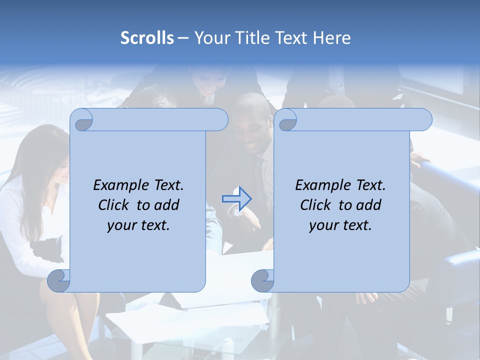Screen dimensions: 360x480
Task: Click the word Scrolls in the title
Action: point(147,38)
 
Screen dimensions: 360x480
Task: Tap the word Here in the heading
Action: point(332,38)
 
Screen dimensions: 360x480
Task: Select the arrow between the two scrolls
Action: point(236,199)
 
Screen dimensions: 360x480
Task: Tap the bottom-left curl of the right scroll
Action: point(262,280)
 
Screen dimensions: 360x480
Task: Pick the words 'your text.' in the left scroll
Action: point(138,225)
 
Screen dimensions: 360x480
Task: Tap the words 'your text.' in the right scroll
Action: point(340,225)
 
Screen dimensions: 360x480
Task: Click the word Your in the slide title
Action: point(210,38)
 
